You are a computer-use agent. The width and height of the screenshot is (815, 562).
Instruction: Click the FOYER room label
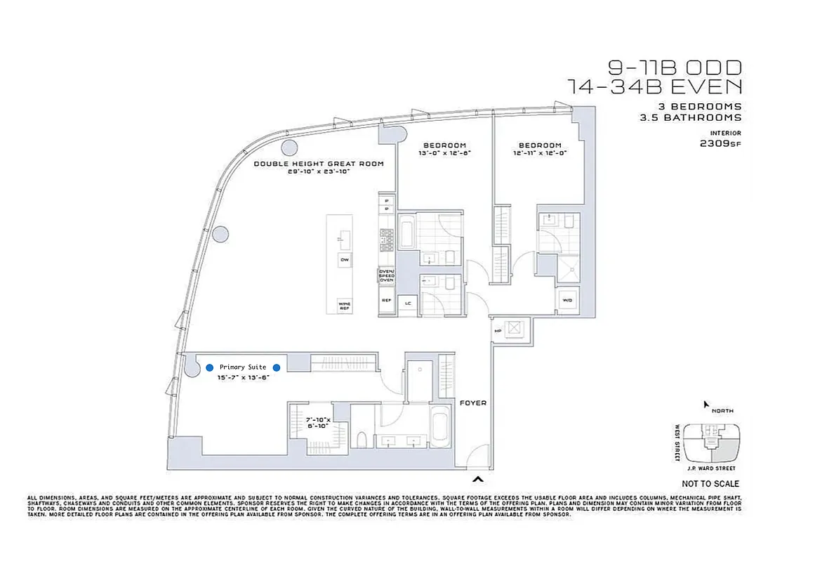[x=472, y=403]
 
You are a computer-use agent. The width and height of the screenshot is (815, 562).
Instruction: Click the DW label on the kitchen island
[x=345, y=260]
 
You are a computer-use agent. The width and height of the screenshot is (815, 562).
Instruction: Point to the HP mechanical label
[x=498, y=330]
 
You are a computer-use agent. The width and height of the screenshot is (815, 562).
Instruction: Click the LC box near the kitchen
[x=408, y=303]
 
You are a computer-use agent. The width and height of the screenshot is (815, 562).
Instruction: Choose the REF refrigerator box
[x=386, y=301]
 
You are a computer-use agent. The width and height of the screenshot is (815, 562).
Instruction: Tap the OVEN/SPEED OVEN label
[x=387, y=275]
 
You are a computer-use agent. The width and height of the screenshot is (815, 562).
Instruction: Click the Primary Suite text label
[x=243, y=367]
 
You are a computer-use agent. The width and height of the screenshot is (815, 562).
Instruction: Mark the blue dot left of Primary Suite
[x=209, y=367]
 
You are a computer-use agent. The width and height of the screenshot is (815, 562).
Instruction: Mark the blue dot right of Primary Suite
[x=277, y=367]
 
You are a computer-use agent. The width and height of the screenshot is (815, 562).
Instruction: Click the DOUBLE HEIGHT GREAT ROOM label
[x=319, y=164]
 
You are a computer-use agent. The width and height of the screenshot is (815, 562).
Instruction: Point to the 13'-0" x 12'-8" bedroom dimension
[x=444, y=153]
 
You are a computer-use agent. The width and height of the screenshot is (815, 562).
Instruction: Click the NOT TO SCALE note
[x=710, y=484]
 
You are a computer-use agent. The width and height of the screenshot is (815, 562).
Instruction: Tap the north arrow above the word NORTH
[x=707, y=404]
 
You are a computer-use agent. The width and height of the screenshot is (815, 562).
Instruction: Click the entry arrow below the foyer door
[x=479, y=479]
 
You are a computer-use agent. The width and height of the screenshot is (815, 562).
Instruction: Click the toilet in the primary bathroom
[x=362, y=440]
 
